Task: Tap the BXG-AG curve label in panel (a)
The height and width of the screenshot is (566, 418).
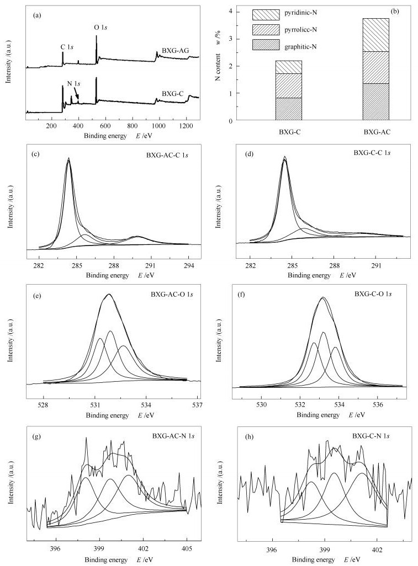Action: [175, 51]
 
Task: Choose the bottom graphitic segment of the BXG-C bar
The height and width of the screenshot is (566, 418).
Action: [289, 109]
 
